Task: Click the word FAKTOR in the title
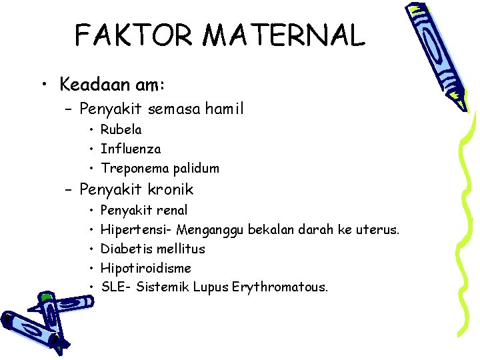click(x=123, y=35)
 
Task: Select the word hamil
click(x=222, y=107)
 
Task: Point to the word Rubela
click(x=121, y=129)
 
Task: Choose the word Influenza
click(x=131, y=149)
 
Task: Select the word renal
click(x=172, y=211)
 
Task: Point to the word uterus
click(x=376, y=230)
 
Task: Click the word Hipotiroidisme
click(x=145, y=269)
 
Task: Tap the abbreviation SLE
click(x=112, y=288)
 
